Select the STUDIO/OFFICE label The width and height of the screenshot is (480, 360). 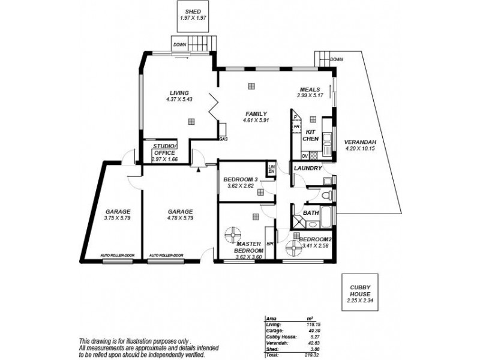click(164, 149)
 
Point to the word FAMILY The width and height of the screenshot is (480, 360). click(255, 113)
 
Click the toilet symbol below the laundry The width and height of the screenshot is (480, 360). click(325, 196)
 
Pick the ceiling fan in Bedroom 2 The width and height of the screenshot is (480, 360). click(294, 247)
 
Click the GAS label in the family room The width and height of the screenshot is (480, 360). click(223, 139)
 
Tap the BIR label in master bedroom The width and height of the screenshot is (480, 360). click(270, 244)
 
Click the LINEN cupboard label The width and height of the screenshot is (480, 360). click(271, 169)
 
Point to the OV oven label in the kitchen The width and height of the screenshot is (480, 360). click(305, 155)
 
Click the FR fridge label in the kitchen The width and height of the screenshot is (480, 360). click(296, 127)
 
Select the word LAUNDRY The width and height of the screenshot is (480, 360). click(308, 169)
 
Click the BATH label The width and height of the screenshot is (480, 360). click(311, 212)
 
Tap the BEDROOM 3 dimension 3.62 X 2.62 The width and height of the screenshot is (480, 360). click(240, 186)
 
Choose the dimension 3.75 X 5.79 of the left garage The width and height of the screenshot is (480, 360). click(117, 218)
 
